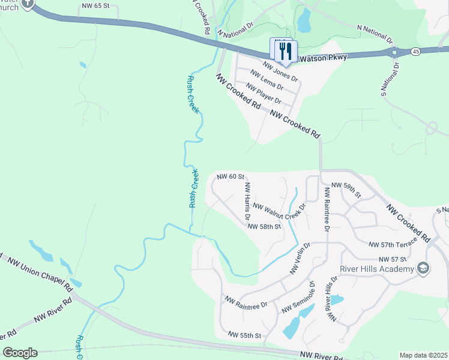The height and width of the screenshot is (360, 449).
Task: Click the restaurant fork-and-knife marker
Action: pos(286,51)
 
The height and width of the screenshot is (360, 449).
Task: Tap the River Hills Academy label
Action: pos(378,268)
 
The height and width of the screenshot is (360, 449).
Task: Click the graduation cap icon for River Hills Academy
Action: pos(424,268)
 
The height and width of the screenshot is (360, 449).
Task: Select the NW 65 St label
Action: pos(95,5)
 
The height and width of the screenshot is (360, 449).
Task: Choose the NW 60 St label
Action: pos(231,176)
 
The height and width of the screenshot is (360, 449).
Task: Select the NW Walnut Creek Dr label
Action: pos(280,206)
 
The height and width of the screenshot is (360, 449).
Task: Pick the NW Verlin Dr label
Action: pos(300,259)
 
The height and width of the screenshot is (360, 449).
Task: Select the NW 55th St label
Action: pos(245,334)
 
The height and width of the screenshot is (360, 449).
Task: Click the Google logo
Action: pos(20,353)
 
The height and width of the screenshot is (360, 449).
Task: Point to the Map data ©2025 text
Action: pos(423,355)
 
